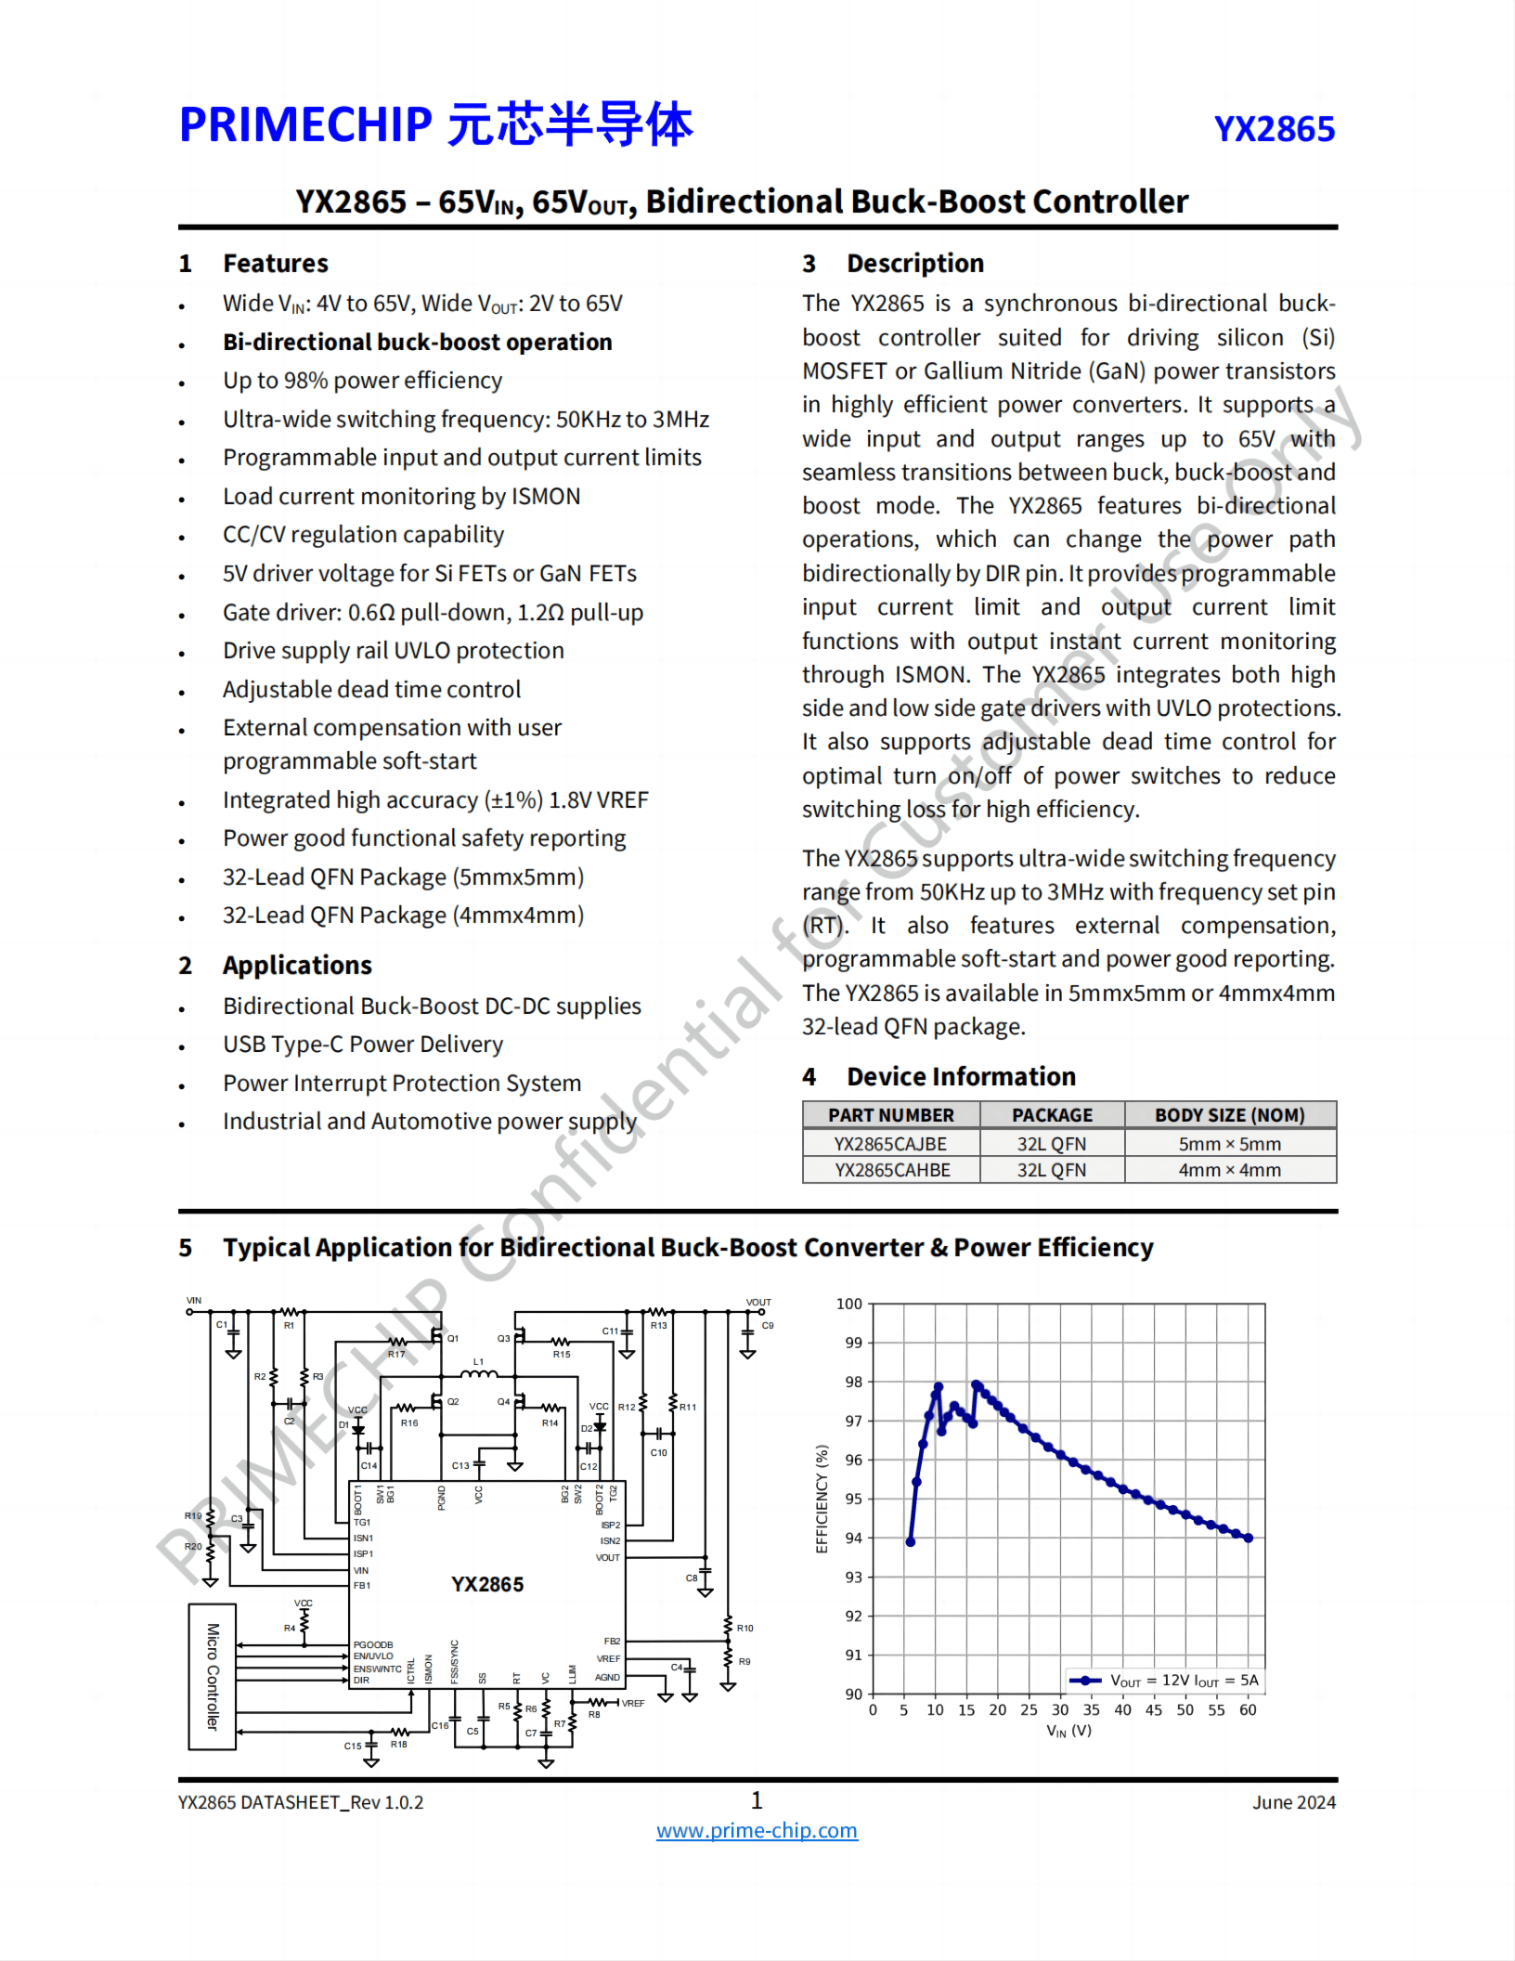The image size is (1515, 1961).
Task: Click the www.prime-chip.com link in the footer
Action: (757, 1830)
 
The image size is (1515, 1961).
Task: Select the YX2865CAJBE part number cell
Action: (890, 1144)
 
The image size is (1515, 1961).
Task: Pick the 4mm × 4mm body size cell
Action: (1229, 1170)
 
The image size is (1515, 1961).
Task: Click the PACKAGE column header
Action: (1052, 1115)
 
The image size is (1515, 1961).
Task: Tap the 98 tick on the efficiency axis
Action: (853, 1382)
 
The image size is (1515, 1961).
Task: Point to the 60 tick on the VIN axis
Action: (1248, 1709)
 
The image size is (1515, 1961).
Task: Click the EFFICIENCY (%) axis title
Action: (822, 1499)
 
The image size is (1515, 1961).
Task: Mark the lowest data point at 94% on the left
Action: (911, 1541)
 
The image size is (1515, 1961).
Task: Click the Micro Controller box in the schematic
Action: (213, 1676)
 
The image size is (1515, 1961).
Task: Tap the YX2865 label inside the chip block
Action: (487, 1584)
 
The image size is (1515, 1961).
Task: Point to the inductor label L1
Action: (479, 1361)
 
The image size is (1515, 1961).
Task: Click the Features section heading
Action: (275, 264)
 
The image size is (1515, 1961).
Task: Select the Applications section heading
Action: (297, 966)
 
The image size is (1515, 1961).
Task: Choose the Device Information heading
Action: (961, 1077)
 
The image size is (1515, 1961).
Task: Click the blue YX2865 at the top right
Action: (1274, 129)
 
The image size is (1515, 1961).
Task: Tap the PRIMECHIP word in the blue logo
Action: (305, 124)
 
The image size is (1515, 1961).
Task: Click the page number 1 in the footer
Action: (757, 1800)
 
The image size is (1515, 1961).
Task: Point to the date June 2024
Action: (1293, 1802)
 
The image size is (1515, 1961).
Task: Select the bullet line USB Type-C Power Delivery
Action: (363, 1045)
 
